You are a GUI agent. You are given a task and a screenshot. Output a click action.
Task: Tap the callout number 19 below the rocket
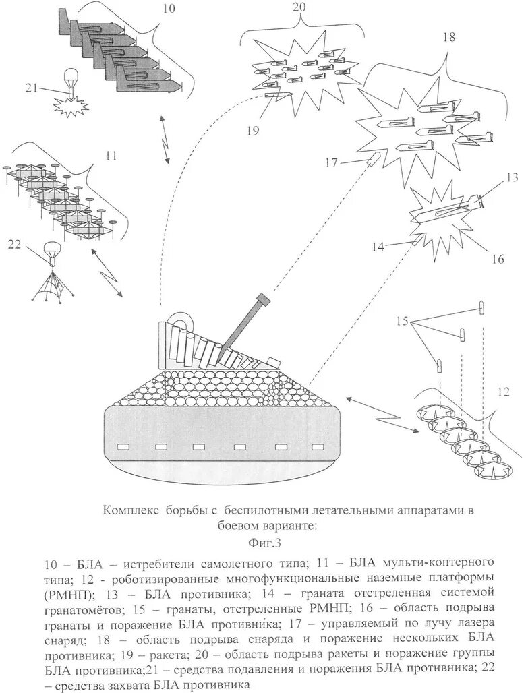point(252,131)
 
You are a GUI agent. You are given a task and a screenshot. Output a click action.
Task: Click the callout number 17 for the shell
point(330,162)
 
